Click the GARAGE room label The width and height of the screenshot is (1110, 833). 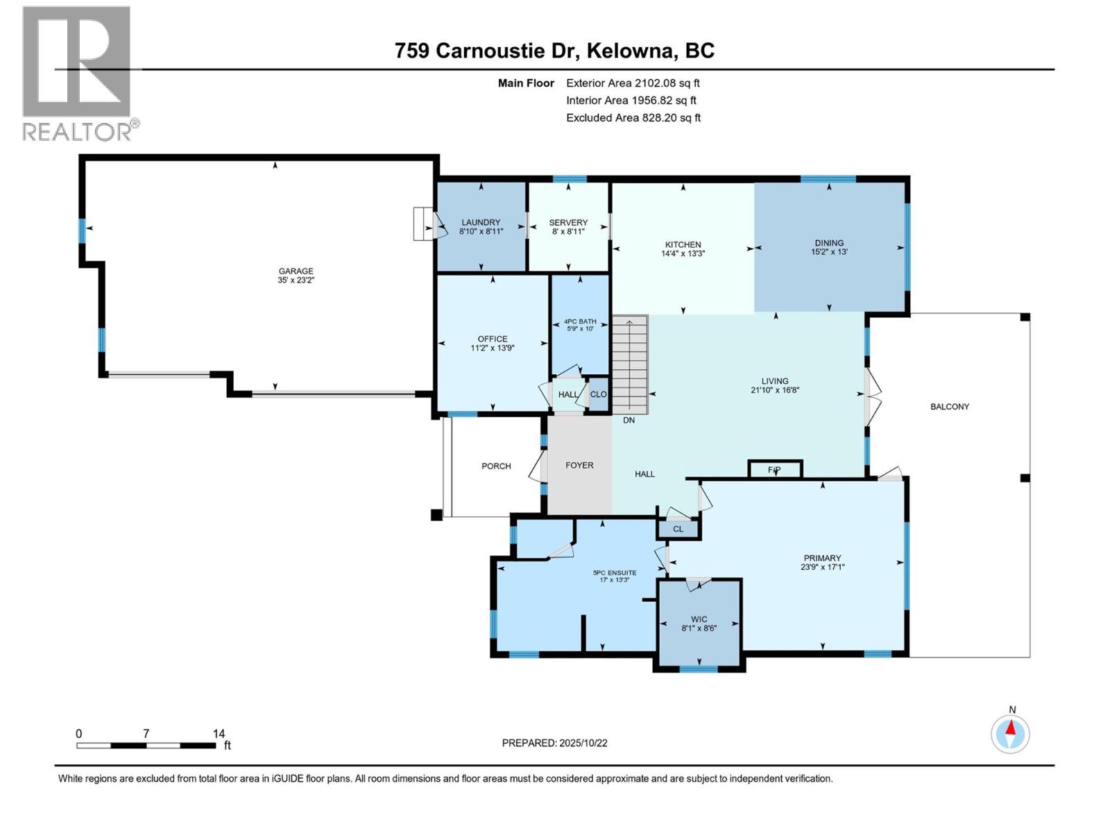tap(296, 271)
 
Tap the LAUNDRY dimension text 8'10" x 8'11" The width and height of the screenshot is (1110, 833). tap(481, 231)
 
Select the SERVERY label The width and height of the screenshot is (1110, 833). tap(568, 222)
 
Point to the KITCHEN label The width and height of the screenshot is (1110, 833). tap(683, 244)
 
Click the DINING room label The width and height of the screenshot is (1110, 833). tap(829, 243)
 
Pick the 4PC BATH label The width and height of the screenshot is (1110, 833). tap(579, 321)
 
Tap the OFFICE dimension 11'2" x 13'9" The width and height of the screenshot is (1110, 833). tap(492, 348)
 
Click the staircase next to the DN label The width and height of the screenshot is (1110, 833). tap(629, 364)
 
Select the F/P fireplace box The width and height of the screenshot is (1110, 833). tap(775, 470)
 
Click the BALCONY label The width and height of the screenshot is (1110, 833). tap(949, 407)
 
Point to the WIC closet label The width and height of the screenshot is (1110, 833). tap(699, 619)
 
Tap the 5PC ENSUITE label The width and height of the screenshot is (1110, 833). tap(614, 573)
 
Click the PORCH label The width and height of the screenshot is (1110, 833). tap(496, 466)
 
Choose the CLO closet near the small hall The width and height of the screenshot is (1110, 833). tap(598, 394)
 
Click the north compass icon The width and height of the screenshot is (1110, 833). tap(1011, 733)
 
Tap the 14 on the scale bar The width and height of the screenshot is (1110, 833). tap(219, 734)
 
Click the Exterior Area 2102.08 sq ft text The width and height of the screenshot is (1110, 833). tap(633, 83)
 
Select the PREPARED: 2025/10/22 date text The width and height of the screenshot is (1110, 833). tap(554, 743)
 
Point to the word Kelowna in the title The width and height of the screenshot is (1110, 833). tap(633, 51)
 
